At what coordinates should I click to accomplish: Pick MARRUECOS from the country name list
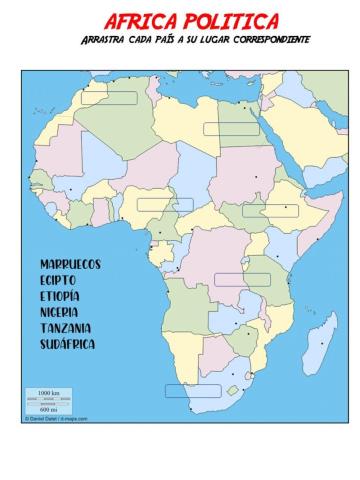(x=70, y=264)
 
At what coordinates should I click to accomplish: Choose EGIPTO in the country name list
(x=59, y=280)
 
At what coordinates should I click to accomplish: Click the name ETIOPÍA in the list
(x=60, y=296)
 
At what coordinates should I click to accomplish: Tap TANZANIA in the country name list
(x=66, y=328)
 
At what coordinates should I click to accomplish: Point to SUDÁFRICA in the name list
(x=68, y=344)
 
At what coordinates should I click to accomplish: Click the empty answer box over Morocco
(x=108, y=98)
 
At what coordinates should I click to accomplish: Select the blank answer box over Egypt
(x=231, y=128)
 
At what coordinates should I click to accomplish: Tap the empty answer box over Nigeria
(x=165, y=204)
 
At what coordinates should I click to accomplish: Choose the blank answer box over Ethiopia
(x=270, y=210)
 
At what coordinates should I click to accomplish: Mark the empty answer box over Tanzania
(x=242, y=279)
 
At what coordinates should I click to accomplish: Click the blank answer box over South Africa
(x=192, y=391)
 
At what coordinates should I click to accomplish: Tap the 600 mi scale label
(x=47, y=409)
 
